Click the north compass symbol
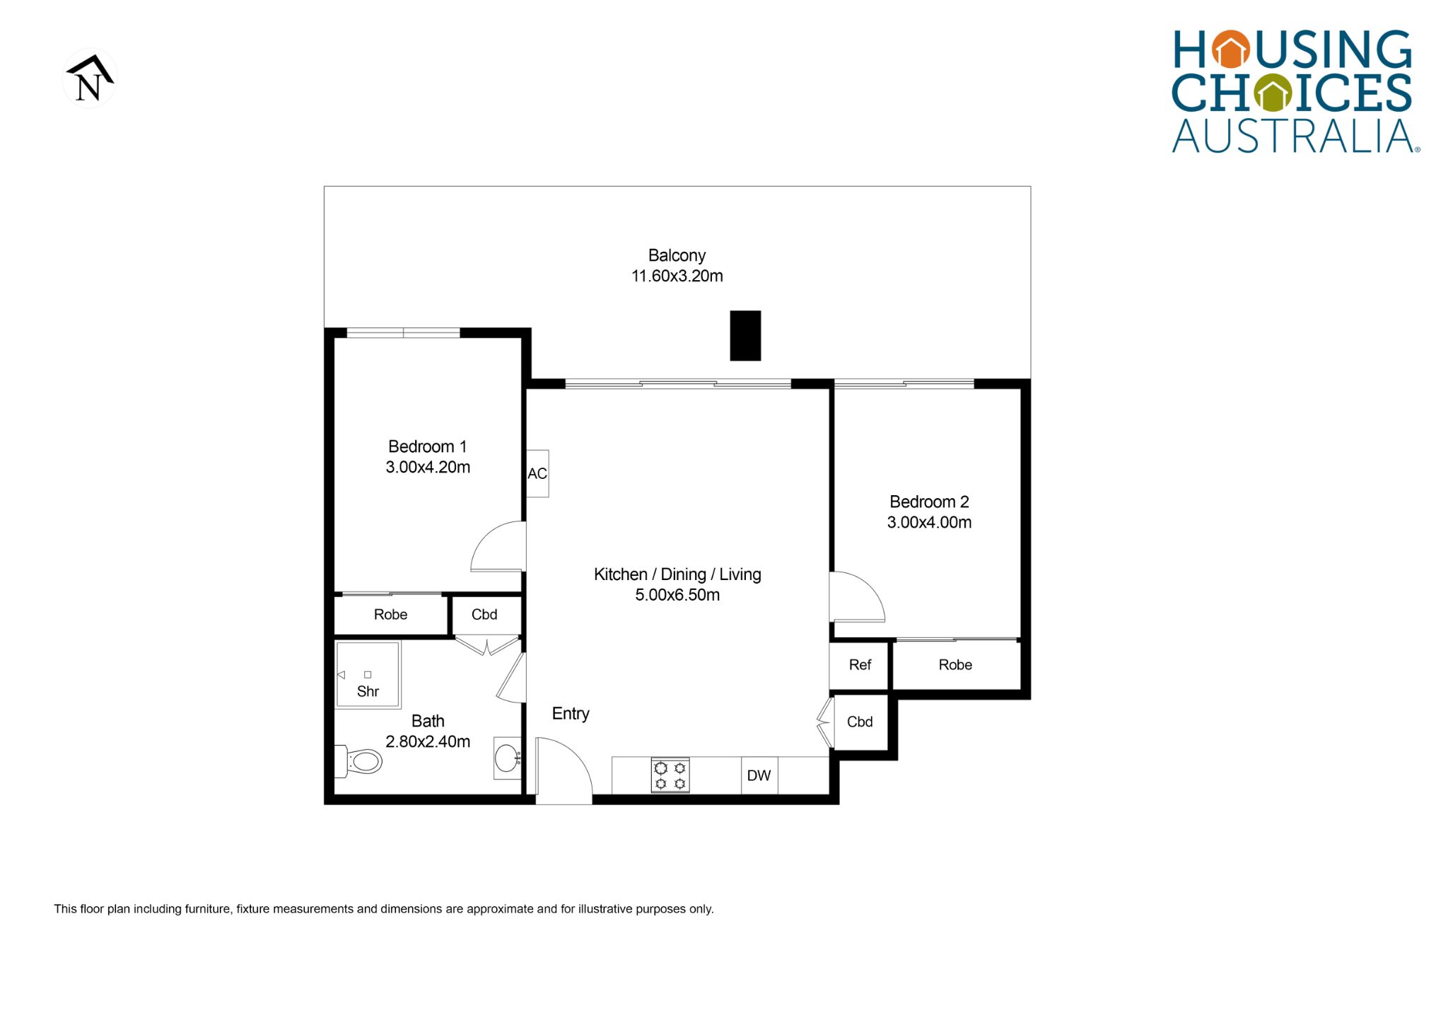(90, 78)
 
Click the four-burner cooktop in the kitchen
(670, 775)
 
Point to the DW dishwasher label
(759, 775)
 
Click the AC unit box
(537, 473)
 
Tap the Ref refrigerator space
(859, 665)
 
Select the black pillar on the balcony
(745, 335)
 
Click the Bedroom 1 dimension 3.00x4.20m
(428, 467)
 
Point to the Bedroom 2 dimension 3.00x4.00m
(929, 522)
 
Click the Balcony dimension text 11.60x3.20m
(677, 276)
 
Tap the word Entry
(571, 714)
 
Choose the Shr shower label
(368, 691)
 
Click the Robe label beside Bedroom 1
(390, 615)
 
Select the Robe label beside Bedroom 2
(955, 665)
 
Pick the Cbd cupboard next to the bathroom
(485, 615)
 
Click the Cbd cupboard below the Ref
(860, 722)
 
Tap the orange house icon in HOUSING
(1231, 50)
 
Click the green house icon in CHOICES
(1273, 93)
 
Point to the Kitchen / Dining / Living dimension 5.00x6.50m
(677, 595)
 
